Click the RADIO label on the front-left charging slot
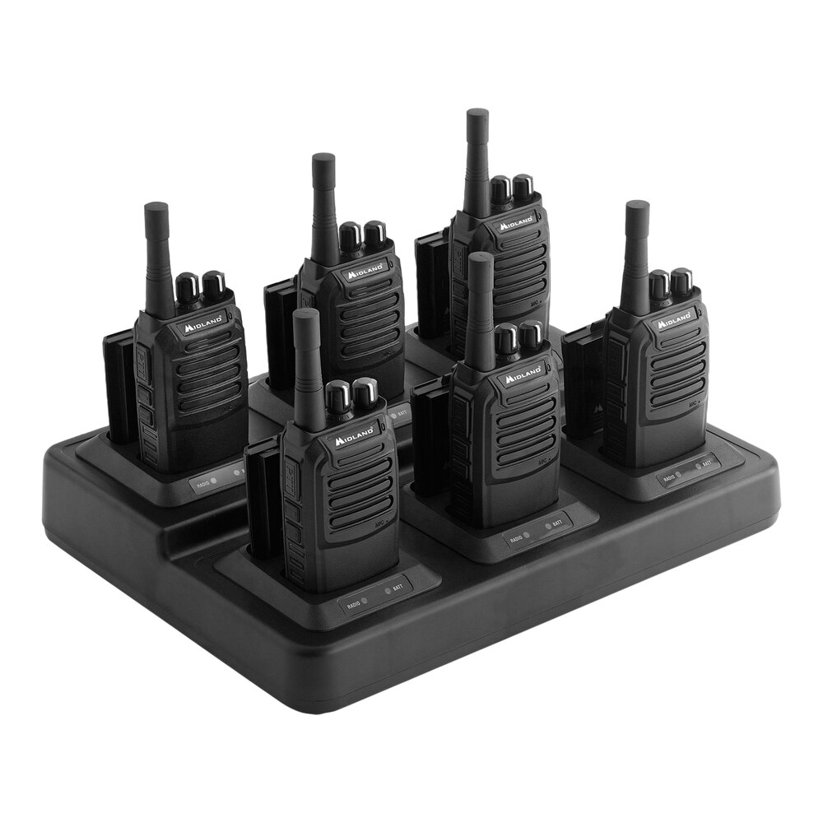click(354, 605)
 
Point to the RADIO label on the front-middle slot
click(517, 538)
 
